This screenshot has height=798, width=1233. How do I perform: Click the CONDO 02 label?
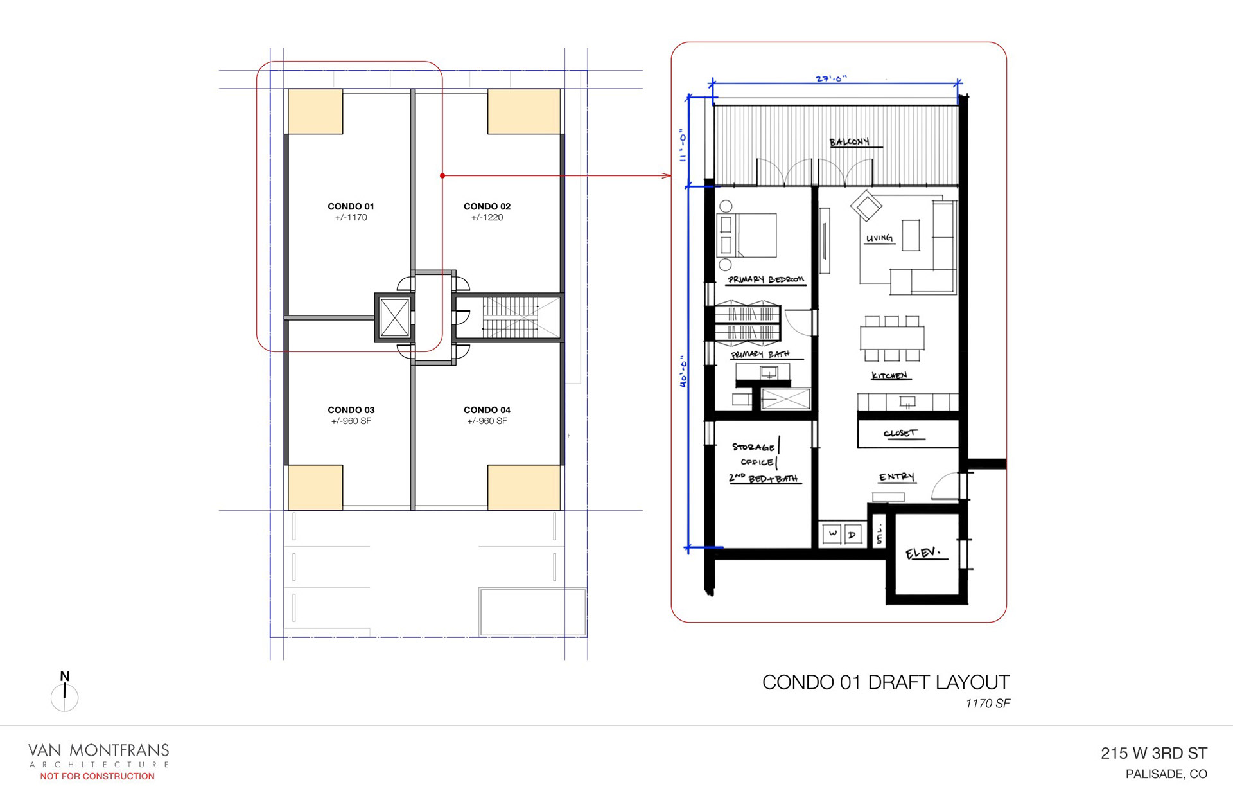487,206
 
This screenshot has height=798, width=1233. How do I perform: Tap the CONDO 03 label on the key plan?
351,410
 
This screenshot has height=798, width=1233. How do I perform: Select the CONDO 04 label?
487,410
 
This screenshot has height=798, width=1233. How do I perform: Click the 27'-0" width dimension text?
831,79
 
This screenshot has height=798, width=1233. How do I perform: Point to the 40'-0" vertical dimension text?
683,372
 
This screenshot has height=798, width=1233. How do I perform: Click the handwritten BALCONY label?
849,142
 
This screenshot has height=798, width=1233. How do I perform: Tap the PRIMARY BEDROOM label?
765,279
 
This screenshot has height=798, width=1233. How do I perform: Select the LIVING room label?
879,238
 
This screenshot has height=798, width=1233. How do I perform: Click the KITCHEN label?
889,375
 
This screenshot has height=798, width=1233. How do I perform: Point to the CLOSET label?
900,433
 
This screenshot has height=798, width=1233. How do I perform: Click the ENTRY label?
896,477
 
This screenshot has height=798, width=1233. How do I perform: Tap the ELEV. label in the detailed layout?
923,553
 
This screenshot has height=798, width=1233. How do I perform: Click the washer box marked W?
832,534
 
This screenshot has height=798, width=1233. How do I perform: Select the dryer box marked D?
852,534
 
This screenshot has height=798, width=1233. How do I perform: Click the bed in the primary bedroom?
746,235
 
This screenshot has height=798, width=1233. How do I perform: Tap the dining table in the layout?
892,338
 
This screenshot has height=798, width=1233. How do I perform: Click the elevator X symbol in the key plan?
394,317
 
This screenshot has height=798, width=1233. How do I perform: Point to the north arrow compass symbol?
64,693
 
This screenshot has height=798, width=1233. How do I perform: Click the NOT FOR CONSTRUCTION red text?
97,776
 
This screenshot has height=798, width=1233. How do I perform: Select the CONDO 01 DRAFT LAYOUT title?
886,682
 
